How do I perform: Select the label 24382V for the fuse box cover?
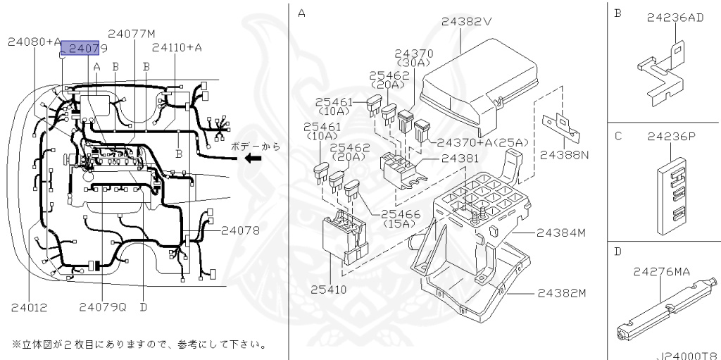467,21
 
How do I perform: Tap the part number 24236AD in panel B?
675,18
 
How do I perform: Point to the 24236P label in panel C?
670,137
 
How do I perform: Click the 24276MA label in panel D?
661,272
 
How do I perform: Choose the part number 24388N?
564,155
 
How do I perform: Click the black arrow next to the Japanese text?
253,159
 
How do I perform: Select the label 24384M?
561,233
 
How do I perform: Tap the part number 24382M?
562,293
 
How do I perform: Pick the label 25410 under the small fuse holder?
329,290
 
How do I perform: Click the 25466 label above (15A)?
400,214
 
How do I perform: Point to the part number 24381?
460,159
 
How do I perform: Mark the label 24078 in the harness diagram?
240,230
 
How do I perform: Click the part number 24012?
29,307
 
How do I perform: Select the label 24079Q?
103,307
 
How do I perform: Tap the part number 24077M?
132,34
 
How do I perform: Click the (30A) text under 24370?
413,63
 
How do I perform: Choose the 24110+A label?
177,47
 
